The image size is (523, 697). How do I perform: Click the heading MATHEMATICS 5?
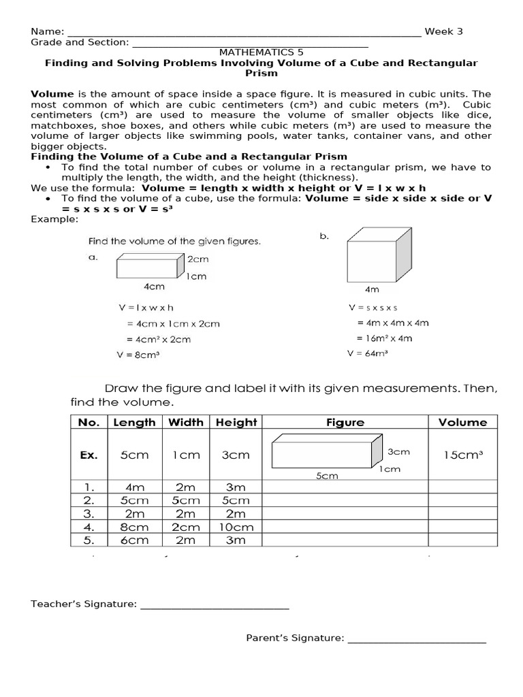tap(261, 52)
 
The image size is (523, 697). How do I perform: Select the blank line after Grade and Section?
tap(249, 44)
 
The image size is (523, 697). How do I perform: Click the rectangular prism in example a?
tap(149, 265)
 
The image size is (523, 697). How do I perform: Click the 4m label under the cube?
tap(372, 289)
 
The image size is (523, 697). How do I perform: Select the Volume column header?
tap(462, 422)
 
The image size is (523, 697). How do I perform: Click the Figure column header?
tap(345, 422)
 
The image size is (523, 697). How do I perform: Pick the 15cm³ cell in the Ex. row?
tap(462, 455)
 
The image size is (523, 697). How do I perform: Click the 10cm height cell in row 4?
tap(236, 527)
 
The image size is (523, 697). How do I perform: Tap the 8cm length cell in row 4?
tap(134, 527)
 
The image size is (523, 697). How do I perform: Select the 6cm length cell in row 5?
tap(134, 540)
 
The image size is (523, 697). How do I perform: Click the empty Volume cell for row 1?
tap(462, 487)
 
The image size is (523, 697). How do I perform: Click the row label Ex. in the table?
tap(89, 455)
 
